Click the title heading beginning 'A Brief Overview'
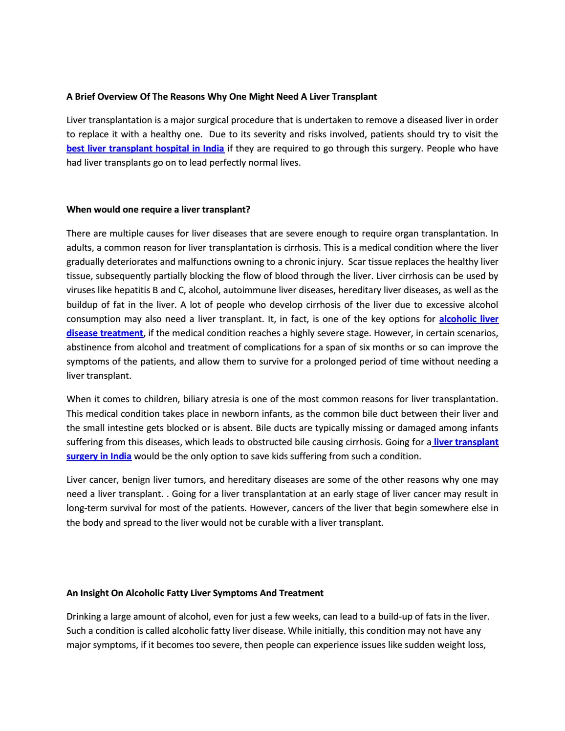(221, 97)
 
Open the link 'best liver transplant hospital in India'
(145, 149)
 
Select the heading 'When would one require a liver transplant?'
(158, 210)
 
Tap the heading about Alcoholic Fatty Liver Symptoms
(195, 593)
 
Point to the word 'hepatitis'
(132, 291)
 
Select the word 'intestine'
(126, 428)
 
